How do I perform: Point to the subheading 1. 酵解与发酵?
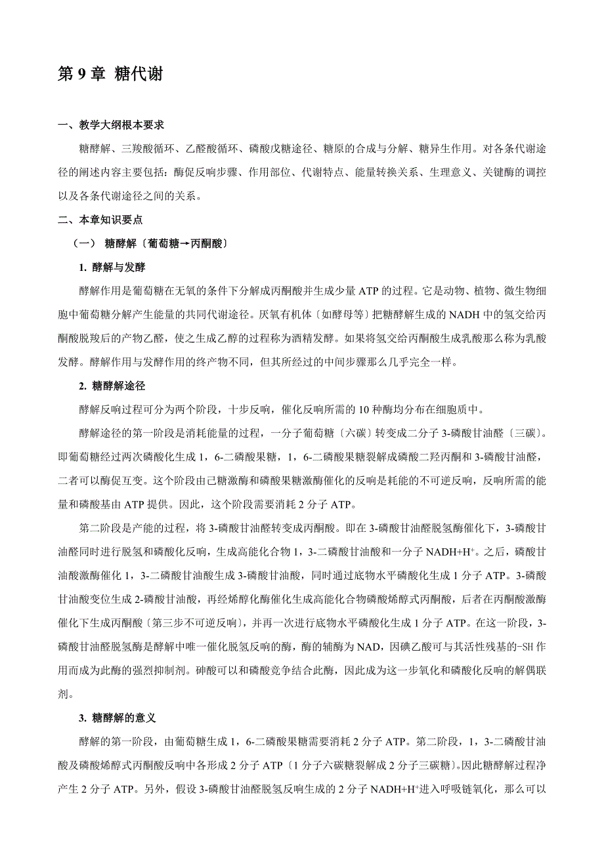112,268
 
